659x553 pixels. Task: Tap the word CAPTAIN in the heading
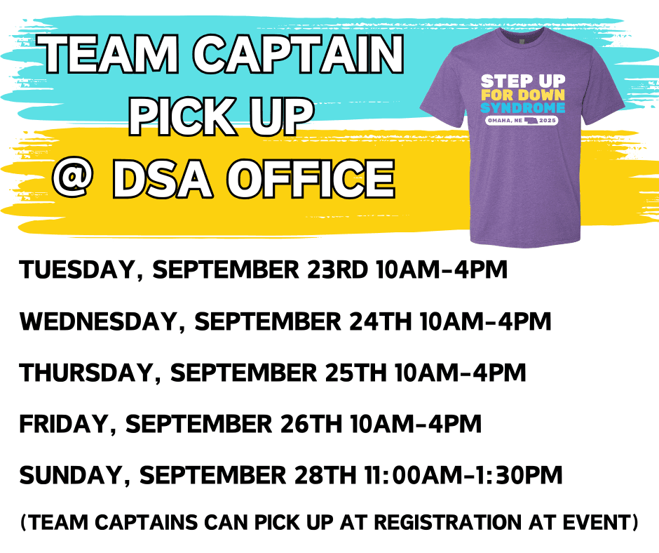click(x=299, y=54)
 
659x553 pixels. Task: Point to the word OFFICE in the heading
click(x=311, y=178)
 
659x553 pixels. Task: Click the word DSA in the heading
click(x=162, y=178)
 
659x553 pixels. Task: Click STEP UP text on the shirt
click(x=523, y=81)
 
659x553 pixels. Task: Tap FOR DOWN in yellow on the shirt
click(x=523, y=95)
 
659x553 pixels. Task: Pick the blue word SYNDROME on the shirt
click(x=523, y=108)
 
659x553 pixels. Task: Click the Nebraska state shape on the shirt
click(x=531, y=121)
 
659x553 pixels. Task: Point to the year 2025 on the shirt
click(x=548, y=121)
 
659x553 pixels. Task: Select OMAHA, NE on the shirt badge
click(x=505, y=121)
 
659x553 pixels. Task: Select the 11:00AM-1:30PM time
click(x=463, y=476)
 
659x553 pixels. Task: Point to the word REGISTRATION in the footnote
click(x=447, y=522)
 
